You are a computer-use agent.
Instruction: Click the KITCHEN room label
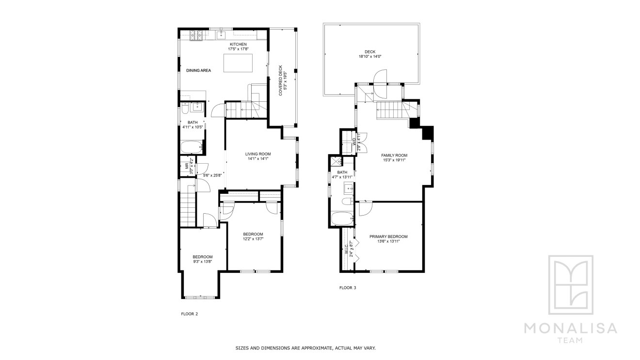coord(238,44)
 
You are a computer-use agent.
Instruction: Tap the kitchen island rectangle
coord(238,63)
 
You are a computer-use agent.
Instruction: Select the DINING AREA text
coord(199,71)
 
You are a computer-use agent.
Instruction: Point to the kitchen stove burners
coord(196,35)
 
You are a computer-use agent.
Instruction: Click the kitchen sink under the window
coord(221,35)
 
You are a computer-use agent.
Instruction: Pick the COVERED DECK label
coord(280,80)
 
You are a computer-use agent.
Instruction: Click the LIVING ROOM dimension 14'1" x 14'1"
coord(258,159)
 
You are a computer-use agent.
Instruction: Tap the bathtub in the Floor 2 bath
coord(192,148)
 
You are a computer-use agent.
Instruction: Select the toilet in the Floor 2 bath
coord(185,109)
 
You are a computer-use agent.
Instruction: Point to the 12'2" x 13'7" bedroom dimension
coord(253,239)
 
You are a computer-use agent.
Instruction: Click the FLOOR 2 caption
coord(190,314)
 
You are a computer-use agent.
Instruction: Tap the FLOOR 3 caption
coord(348,288)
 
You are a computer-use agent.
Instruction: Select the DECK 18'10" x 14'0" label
coord(370,54)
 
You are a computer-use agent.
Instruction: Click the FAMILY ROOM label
coord(394,156)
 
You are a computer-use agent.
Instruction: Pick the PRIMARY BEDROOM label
coord(388,236)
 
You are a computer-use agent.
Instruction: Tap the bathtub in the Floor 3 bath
coord(342,219)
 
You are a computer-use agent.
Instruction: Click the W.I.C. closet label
coord(347,249)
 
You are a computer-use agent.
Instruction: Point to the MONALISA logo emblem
coord(571,284)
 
